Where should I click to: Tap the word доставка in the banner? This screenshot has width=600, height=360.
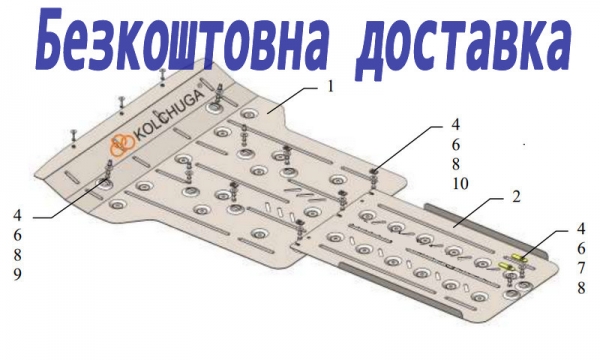pyautogui.click(x=463, y=44)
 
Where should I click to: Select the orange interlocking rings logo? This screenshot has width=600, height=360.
pyautogui.click(x=122, y=145)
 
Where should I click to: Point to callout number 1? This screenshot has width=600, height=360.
pyautogui.click(x=330, y=87)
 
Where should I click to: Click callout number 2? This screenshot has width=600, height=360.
pyautogui.click(x=516, y=197)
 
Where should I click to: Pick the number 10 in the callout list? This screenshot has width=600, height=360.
pyautogui.click(x=461, y=184)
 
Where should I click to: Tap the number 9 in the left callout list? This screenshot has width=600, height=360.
pyautogui.click(x=18, y=275)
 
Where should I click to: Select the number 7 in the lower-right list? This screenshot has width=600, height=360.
pyautogui.click(x=581, y=268)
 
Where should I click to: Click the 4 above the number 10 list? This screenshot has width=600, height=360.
pyautogui.click(x=455, y=125)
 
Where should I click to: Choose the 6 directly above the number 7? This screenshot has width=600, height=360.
pyautogui.click(x=581, y=249)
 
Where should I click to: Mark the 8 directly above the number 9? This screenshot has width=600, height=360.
pyautogui.click(x=18, y=255)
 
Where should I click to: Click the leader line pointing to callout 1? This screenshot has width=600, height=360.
pyautogui.click(x=292, y=99)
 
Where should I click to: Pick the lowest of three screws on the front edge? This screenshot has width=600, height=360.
pyautogui.click(x=74, y=138)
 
